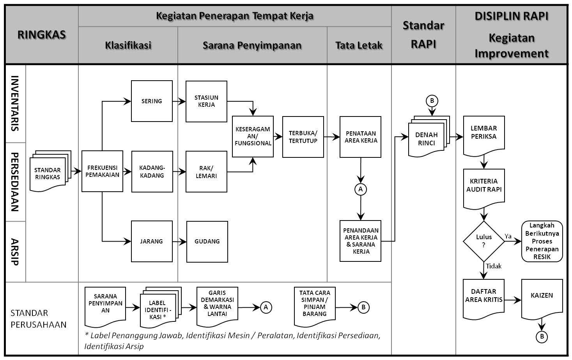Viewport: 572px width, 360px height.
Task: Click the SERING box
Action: click(152, 101)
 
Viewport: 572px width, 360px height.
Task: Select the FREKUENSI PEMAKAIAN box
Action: click(102, 171)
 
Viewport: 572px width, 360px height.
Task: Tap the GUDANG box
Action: click(207, 242)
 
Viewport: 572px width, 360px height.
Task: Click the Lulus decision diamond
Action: click(483, 241)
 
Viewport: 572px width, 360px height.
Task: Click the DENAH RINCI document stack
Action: click(428, 138)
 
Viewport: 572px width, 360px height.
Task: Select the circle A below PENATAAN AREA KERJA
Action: click(360, 189)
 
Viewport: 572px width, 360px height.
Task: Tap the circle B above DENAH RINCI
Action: click(432, 101)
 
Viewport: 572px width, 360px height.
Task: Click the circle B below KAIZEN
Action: click(542, 337)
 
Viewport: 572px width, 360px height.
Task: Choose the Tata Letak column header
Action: click(359, 45)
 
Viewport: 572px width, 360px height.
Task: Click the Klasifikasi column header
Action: click(128, 45)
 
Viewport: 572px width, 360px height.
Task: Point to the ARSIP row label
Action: click(15, 251)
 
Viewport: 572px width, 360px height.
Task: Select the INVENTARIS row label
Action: click(15, 103)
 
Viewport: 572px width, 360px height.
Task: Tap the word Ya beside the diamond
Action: click(508, 236)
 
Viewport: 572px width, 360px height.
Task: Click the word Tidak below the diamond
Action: click(494, 266)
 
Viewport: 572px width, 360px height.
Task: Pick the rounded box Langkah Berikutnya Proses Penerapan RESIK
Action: click(542, 241)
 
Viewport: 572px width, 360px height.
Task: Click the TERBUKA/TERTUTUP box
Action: click(303, 137)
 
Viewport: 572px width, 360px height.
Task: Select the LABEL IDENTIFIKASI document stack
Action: click(159, 309)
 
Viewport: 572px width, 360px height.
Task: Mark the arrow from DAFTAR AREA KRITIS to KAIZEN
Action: click(512, 300)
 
